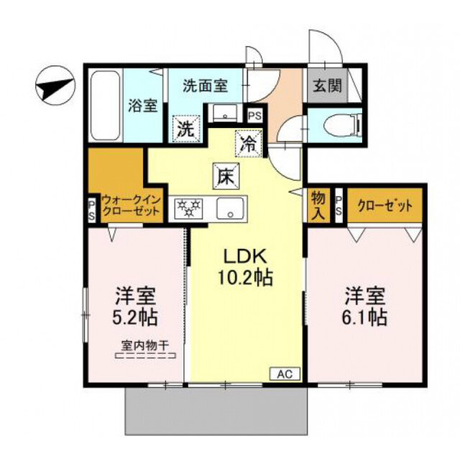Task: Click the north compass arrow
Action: (54, 88)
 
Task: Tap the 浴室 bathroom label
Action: (142, 105)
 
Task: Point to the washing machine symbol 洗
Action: (185, 131)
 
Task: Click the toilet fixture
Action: (341, 126)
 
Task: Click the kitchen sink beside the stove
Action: (230, 209)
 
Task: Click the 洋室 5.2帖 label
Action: (136, 306)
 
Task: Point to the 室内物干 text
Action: (145, 345)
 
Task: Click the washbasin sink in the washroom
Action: (225, 114)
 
